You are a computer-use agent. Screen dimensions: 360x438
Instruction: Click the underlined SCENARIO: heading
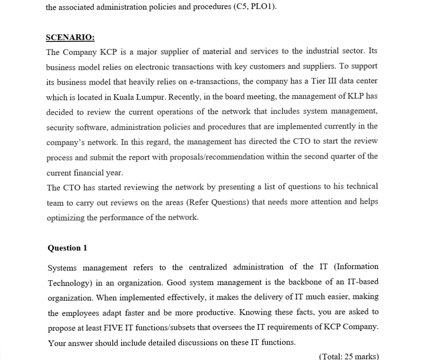pos(70,37)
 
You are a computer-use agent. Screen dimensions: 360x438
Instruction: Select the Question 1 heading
pos(67,248)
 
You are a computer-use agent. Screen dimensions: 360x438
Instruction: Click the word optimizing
pos(65,217)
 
